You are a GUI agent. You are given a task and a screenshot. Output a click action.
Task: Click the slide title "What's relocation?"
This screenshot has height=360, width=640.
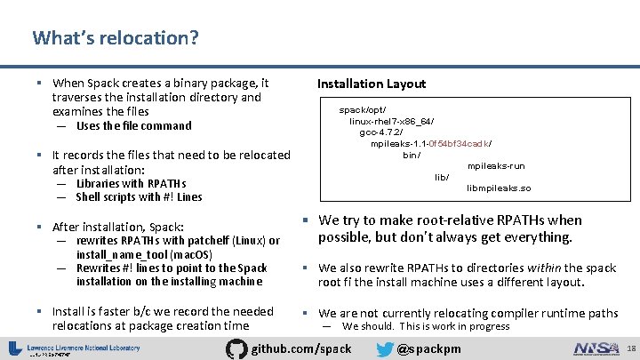(x=116, y=38)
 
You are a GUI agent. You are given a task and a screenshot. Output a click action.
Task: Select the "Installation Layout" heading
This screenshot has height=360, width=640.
(x=371, y=84)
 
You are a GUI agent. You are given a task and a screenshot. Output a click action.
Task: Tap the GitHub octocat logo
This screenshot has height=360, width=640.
(x=236, y=348)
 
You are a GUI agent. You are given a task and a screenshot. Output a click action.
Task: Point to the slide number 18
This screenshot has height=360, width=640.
(x=630, y=348)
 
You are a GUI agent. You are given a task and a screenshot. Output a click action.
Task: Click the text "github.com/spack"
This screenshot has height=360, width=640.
(x=302, y=348)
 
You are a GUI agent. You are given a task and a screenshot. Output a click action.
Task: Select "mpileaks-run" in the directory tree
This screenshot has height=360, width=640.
(x=495, y=166)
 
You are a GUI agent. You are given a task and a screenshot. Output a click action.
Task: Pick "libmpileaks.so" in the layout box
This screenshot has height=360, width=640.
(x=499, y=188)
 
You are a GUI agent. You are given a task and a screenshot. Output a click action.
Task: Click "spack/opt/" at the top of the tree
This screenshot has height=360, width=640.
(x=363, y=109)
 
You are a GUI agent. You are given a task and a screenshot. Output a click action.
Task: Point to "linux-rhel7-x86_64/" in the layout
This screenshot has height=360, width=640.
(x=391, y=121)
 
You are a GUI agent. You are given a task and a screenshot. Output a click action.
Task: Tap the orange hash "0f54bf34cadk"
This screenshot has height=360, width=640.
(x=459, y=143)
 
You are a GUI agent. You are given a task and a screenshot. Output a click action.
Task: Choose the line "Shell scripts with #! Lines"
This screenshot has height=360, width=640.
(x=139, y=197)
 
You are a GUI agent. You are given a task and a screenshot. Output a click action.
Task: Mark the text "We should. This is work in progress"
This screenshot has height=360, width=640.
(x=426, y=326)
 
